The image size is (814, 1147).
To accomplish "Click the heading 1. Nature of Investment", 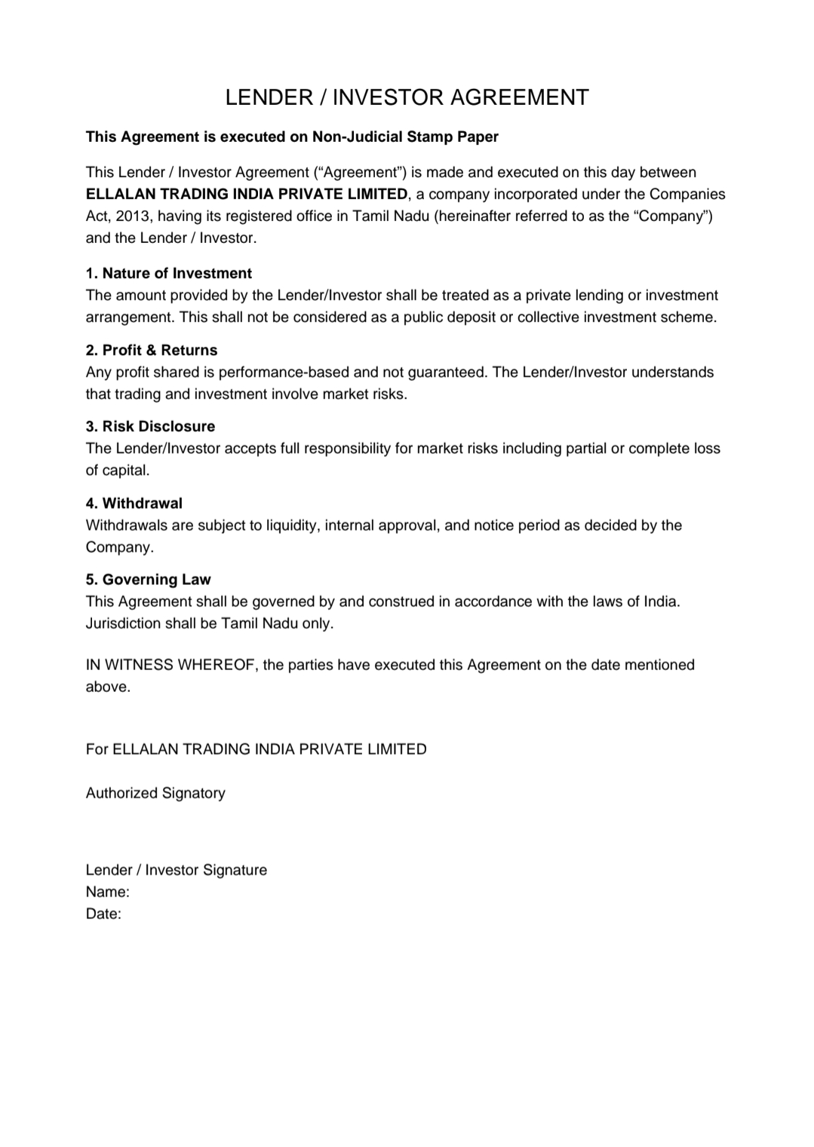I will pos(168,273).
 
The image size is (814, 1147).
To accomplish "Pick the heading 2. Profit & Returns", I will pos(151,350).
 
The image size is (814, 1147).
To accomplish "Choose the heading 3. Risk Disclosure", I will pos(150,426).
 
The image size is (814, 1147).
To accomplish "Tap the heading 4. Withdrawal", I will pos(134,503).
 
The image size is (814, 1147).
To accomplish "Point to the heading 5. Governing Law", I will pos(148,580).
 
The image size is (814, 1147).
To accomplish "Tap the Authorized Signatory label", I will pos(155,793).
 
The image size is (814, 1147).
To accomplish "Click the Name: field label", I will pos(107,892).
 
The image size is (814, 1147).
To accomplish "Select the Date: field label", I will pos(103,914).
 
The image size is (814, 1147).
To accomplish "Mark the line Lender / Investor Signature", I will pos(177,870).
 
